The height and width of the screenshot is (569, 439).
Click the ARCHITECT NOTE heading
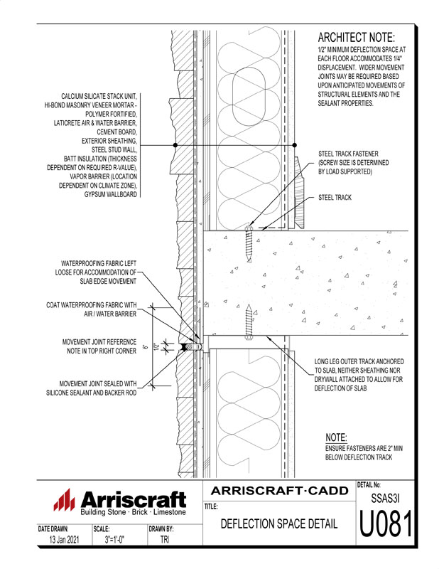pyautogui.click(x=355, y=37)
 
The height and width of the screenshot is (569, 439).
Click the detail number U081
pyautogui.click(x=386, y=527)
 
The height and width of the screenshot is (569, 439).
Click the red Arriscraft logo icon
pyautogui.click(x=65, y=501)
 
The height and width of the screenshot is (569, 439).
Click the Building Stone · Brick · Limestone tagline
pyautogui.click(x=133, y=512)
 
